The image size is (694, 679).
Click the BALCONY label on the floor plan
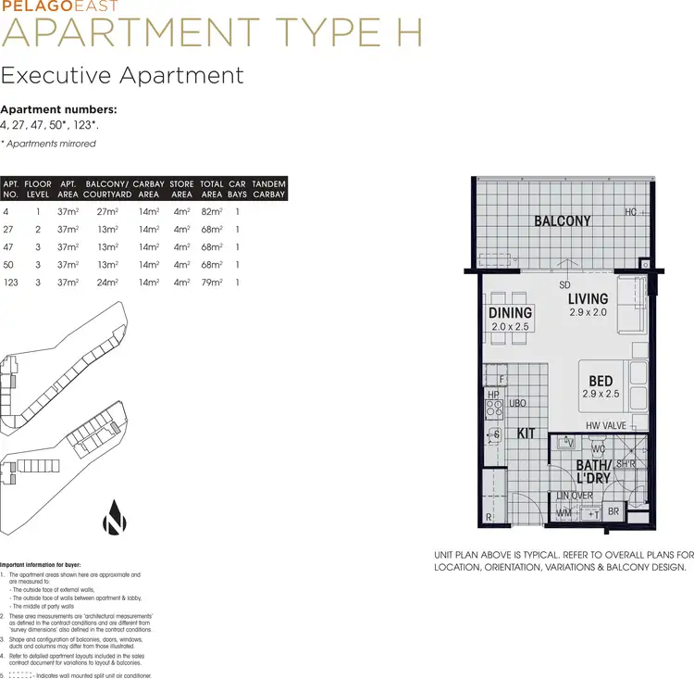562,220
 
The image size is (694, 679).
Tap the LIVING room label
588,298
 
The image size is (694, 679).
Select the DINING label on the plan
511,313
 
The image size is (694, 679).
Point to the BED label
601,381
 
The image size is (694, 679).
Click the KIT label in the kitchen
526,433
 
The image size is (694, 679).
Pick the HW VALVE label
606,426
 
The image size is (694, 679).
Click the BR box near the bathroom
613,511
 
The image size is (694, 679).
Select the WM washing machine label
564,512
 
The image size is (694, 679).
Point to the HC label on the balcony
630,212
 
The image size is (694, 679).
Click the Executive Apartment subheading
122,75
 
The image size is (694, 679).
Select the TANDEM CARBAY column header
269,189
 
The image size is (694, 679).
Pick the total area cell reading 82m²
212,212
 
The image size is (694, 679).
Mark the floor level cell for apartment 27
38,230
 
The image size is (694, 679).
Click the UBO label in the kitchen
517,403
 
